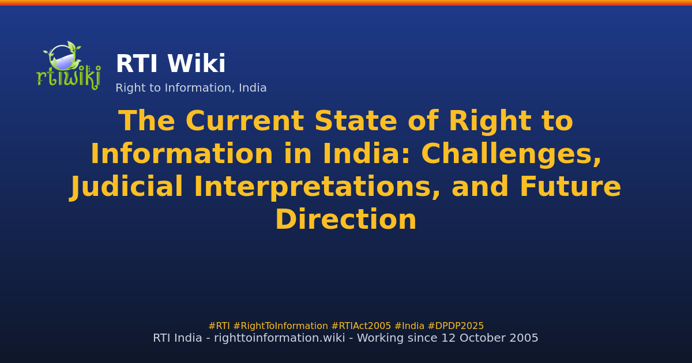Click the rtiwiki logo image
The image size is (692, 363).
coord(68,65)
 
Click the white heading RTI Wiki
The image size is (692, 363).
coord(170,65)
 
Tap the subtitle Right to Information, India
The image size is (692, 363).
coord(191,88)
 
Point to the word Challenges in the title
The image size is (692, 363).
coord(511,155)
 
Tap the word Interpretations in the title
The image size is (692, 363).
coord(317,188)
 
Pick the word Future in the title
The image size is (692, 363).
coord(570,188)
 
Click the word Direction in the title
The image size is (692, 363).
coord(345,221)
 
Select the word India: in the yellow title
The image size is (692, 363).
coord(357,155)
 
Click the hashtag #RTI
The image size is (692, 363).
coord(219,326)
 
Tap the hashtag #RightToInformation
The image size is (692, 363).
coord(280,326)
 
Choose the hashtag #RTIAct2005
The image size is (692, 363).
coord(361,326)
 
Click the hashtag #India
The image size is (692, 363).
coord(409,326)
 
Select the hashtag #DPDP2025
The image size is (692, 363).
coord(456,326)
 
